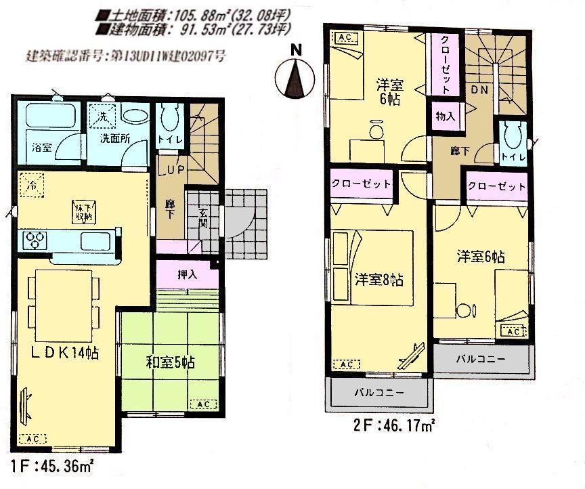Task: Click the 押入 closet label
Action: [x=188, y=276]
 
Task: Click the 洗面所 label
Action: [x=115, y=139]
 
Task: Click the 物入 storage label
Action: [x=445, y=116]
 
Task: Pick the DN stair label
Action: [x=481, y=89]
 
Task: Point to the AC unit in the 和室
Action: [x=202, y=404]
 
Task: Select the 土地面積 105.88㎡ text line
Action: [x=193, y=14]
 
